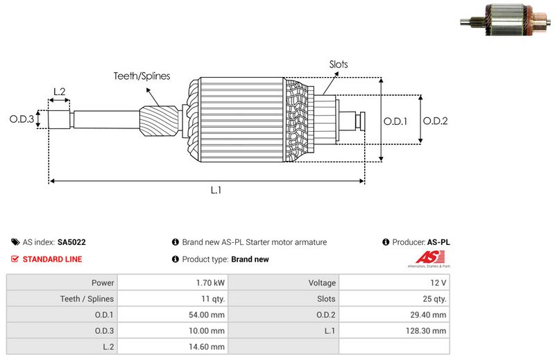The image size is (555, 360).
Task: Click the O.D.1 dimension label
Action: coord(395,121)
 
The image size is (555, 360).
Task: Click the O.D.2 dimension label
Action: coord(435,121)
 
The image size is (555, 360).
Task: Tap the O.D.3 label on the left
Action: coord(22,119)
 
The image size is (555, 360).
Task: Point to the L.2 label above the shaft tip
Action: coord(59,92)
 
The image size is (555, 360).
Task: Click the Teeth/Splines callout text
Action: coord(142,76)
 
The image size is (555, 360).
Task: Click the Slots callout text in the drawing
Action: coord(339,65)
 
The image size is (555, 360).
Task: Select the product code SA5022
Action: coord(71,243)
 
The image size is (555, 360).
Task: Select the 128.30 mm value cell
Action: coord(429,331)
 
